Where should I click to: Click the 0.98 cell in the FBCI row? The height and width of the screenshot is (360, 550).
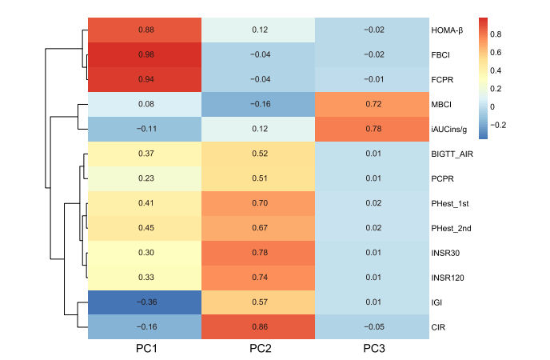(145, 54)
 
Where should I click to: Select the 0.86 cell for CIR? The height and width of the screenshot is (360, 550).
(259, 327)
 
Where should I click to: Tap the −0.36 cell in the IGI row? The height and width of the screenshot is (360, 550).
(145, 302)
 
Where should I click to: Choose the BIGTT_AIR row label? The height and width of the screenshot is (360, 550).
(457, 154)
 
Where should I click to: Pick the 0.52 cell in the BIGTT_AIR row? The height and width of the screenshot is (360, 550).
(259, 154)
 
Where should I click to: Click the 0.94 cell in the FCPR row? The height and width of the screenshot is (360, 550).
(145, 79)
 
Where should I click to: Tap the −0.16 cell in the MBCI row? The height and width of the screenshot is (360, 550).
(259, 104)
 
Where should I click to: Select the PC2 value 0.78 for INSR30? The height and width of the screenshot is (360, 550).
(259, 253)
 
